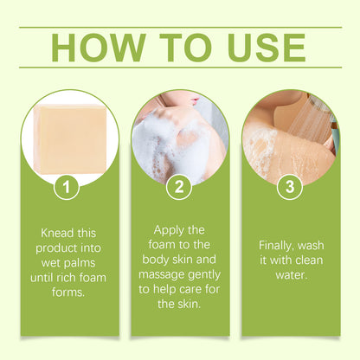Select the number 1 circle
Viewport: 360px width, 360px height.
click(69, 186)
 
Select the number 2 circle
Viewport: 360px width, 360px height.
click(180, 186)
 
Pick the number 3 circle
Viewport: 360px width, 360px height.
click(291, 186)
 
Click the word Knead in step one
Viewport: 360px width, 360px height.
click(56, 234)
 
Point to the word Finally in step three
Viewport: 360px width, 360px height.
click(275, 245)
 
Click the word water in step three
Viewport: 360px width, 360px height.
click(291, 275)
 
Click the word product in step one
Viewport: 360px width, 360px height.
click(61, 249)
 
